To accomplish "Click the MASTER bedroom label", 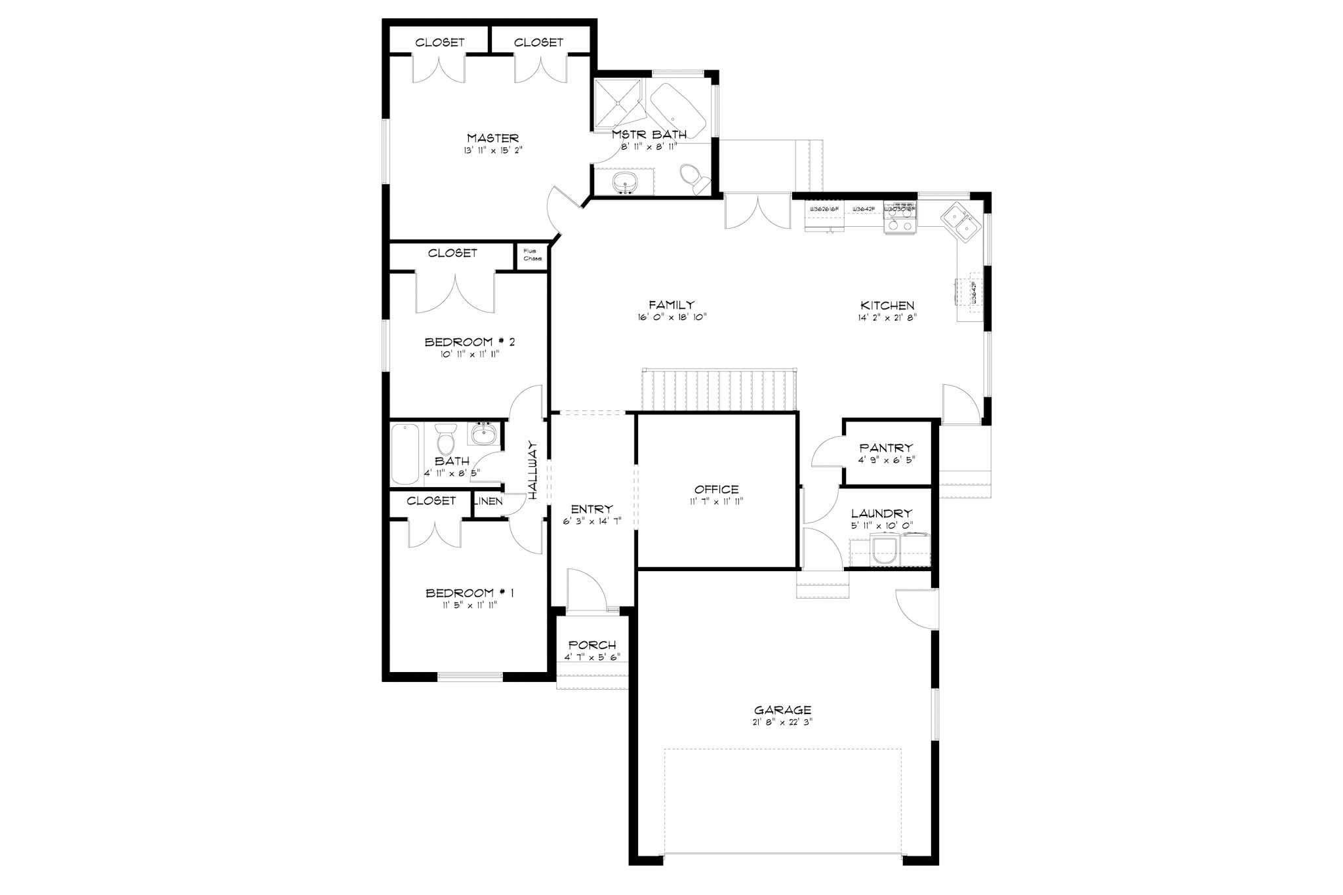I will click(x=492, y=138).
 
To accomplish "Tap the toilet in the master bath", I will click(x=692, y=178).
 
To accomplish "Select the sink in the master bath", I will click(x=624, y=182).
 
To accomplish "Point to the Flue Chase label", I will click(x=532, y=254).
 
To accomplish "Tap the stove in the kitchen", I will click(x=900, y=218).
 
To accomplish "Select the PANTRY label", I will click(x=886, y=448).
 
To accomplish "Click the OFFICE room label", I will click(x=716, y=489).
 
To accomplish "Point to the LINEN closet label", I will click(x=489, y=502).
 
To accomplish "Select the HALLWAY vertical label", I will click(x=533, y=471).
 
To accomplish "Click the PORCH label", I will click(x=592, y=645).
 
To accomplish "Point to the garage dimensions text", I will click(x=782, y=722).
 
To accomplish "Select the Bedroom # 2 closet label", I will click(x=452, y=253).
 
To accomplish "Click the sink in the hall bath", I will click(x=484, y=433).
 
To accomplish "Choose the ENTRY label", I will click(x=591, y=509).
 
